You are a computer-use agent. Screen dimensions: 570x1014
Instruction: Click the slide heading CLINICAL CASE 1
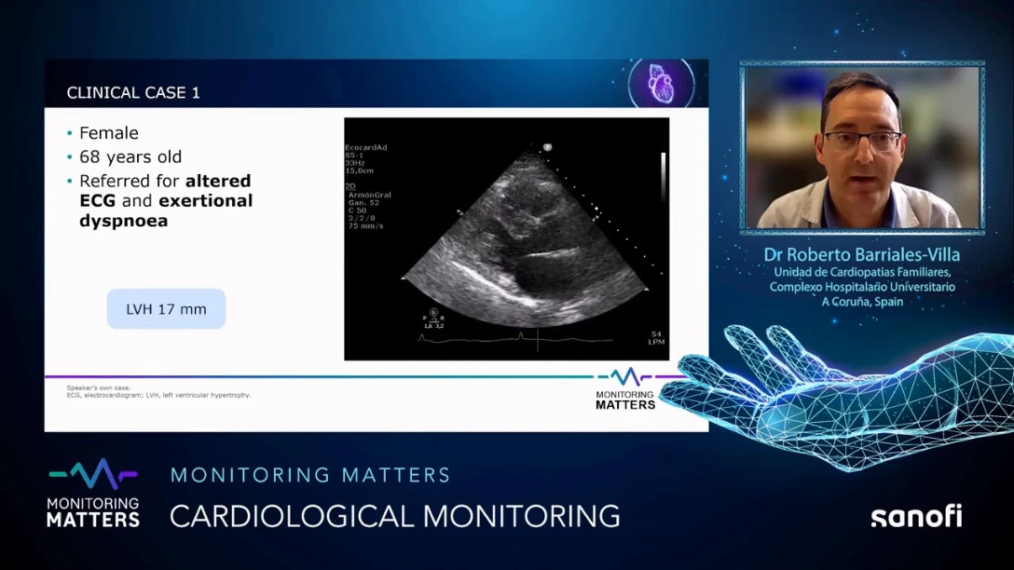[x=133, y=93]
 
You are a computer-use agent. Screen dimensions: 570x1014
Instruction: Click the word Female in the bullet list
[x=108, y=133]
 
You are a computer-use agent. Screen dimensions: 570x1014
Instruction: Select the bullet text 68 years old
[x=130, y=156]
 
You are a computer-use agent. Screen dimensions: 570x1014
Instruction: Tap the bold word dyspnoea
[x=123, y=221]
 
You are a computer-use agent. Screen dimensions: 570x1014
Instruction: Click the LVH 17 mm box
[x=166, y=309]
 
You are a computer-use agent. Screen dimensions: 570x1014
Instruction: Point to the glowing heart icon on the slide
[x=660, y=84]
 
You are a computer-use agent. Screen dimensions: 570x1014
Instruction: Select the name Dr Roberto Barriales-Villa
[x=861, y=254]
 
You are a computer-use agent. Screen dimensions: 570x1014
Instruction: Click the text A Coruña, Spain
[x=862, y=302]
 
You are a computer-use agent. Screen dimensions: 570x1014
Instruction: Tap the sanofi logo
[x=916, y=516]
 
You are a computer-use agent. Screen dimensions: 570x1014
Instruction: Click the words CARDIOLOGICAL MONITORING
[x=394, y=515]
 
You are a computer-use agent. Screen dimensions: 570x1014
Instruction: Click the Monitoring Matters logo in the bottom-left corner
[x=93, y=494]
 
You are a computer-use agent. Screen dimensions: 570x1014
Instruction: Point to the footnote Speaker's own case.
[x=99, y=387]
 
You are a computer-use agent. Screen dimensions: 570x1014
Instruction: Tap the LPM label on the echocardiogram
[x=656, y=342]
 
